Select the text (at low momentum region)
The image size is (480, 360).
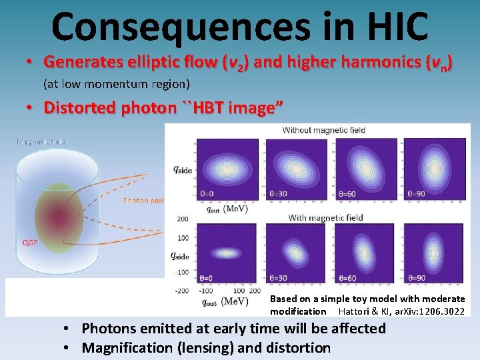116,84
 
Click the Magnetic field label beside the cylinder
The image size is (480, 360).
41,141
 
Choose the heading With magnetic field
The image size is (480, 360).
325,217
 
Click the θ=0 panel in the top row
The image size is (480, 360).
227,168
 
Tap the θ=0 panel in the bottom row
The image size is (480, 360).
227,253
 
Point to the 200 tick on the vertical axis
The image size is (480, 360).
182,218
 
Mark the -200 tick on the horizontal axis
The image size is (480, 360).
182,291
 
